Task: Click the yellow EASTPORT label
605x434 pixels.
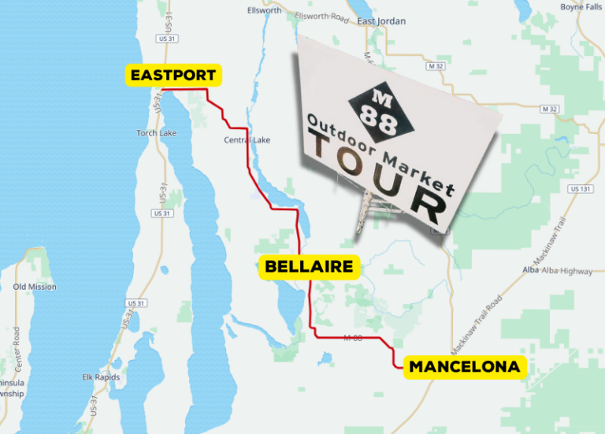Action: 174,76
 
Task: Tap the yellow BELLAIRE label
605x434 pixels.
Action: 309,267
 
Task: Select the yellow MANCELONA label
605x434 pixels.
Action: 463,367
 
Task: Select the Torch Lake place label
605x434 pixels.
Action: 156,133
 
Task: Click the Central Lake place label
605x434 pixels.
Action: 247,140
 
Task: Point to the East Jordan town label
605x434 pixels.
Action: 382,21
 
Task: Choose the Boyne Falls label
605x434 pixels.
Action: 581,7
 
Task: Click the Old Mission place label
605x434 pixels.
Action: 35,287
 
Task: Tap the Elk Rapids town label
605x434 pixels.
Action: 101,377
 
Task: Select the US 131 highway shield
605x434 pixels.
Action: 581,189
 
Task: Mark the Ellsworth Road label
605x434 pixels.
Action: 321,17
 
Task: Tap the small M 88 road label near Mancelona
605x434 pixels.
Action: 353,338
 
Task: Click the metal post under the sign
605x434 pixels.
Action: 365,210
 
